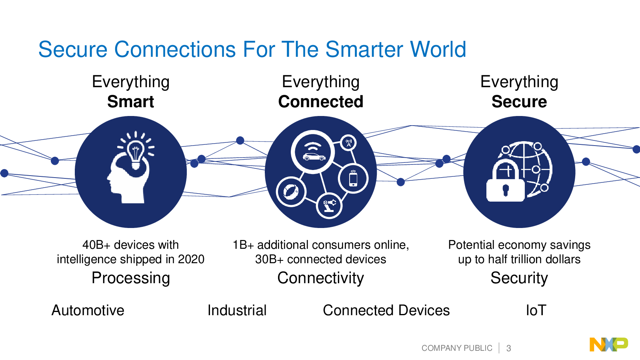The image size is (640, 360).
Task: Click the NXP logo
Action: [609, 344]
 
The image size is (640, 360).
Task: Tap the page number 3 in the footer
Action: [508, 348]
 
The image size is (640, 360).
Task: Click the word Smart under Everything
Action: [130, 102]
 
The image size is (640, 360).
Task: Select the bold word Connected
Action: [320, 102]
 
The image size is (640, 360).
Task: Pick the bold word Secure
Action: [519, 102]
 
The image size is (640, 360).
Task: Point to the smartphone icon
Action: [354, 179]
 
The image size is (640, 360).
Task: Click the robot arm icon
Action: [330, 206]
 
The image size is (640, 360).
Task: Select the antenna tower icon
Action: [348, 142]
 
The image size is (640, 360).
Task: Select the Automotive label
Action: [88, 310]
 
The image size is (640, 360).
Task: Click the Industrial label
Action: [237, 310]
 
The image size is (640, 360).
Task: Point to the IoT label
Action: [536, 310]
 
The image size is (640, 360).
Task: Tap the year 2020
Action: [191, 260]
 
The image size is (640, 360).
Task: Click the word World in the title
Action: [438, 50]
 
